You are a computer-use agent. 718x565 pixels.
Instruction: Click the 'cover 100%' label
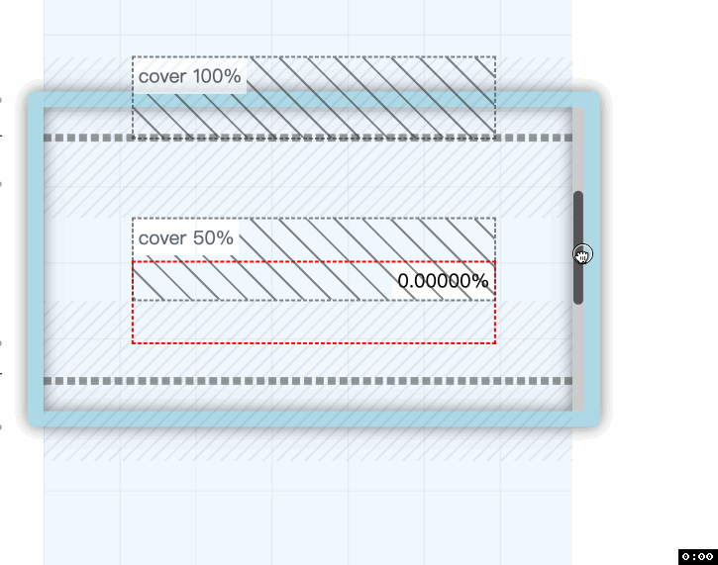coord(189,76)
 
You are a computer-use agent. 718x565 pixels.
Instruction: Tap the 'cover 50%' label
coord(186,238)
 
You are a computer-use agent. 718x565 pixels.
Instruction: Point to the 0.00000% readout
coord(443,282)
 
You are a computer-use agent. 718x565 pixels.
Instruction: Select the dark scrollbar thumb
coord(578,247)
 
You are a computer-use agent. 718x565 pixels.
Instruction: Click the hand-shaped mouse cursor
coord(582,256)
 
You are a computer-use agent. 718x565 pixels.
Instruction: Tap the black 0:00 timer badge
coord(697,557)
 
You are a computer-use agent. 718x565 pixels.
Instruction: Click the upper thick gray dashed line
coord(307,138)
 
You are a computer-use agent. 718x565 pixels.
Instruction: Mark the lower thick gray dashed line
coord(307,381)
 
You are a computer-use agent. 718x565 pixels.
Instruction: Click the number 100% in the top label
coord(217,76)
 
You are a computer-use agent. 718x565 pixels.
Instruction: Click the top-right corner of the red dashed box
coord(495,262)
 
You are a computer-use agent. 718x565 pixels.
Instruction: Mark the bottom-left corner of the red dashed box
coord(133,343)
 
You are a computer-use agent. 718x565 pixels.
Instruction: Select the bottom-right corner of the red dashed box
coord(495,343)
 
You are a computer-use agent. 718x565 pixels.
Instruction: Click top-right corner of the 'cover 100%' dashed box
coord(495,56)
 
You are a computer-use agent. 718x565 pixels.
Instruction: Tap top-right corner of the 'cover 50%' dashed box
coord(495,218)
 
